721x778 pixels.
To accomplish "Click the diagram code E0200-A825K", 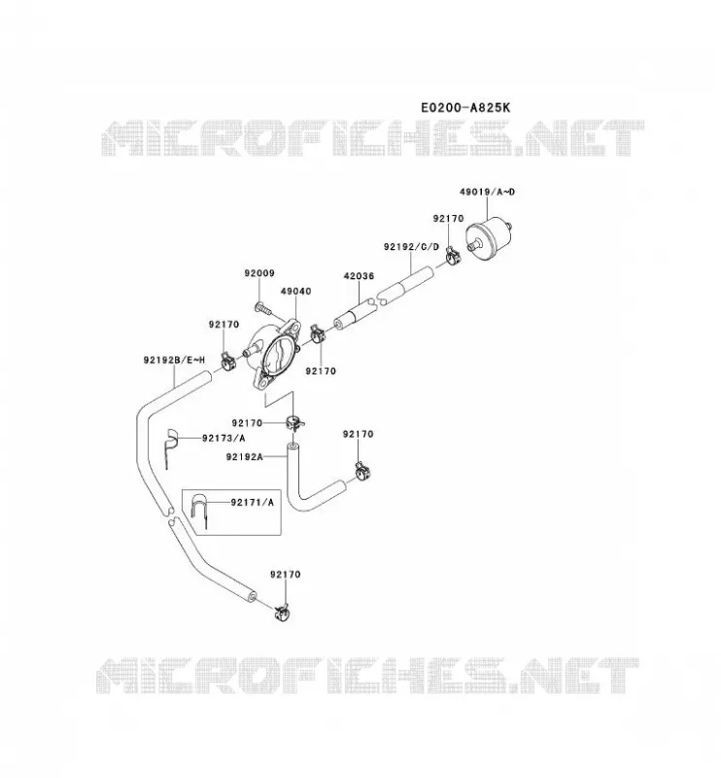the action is pos(464,107).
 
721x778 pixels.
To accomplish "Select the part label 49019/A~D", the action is pos(487,192).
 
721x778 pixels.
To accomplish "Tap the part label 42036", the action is pos(359,276).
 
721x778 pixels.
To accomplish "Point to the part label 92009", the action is pos(259,273).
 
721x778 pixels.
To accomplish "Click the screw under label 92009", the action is pos(263,309).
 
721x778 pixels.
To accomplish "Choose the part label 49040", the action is pos(296,291).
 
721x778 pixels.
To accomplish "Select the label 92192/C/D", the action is pos(411,247).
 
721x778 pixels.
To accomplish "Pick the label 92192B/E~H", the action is pos(174,360).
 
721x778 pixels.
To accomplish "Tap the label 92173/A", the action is pos(223,439).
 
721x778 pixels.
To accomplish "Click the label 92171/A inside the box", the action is pos(252,502).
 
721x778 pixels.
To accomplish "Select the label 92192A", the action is pos(244,457).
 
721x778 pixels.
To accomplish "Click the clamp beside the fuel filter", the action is pos(453,256).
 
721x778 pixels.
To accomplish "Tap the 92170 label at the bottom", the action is pos(285,574).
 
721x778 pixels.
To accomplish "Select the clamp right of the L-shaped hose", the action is pos(363,471).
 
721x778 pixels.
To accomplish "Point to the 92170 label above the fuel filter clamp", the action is pos(448,218).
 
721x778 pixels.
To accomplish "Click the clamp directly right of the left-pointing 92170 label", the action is pos(295,424).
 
